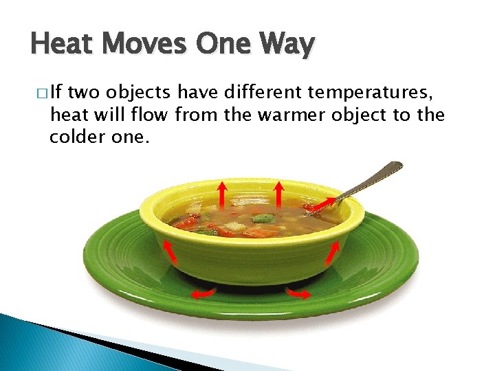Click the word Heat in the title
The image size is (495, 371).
coord(63,45)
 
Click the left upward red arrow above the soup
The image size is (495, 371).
coord(223,193)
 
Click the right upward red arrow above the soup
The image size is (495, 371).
coord(278,193)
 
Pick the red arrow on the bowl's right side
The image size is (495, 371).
coord(332,253)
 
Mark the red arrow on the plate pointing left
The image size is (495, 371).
coord(202,294)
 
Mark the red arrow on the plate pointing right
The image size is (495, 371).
coord(298,293)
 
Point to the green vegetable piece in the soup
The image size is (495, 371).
coord(261,219)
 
